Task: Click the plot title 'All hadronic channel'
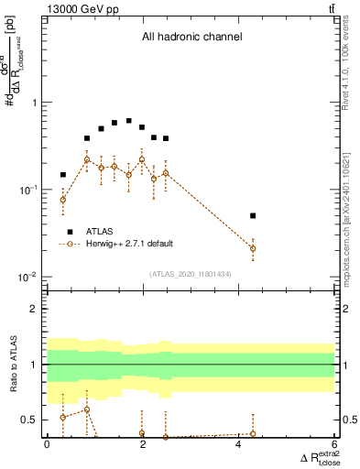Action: pos(191,38)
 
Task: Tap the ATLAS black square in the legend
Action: pos(71,232)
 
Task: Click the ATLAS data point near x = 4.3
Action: pos(253,216)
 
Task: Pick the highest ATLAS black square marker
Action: pos(128,121)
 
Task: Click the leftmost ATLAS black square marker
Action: pos(63,174)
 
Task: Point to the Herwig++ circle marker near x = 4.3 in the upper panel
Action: pos(253,248)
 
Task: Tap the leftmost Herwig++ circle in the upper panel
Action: pos(63,199)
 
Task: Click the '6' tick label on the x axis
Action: pos(334,445)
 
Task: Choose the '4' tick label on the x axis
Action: pos(238,445)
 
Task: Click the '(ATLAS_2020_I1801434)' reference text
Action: pos(191,274)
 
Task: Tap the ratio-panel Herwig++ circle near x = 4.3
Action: pos(253,433)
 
